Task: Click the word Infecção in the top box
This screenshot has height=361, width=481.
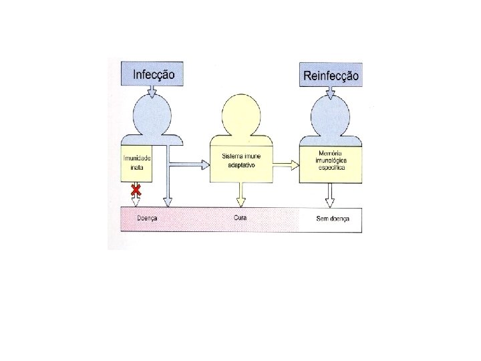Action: coord(154,74)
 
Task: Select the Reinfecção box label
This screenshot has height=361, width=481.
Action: coord(331,75)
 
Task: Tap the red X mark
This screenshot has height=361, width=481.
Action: coord(136,191)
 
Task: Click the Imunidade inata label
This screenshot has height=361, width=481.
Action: coord(137,162)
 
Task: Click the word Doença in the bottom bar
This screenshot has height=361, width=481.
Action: coord(146,219)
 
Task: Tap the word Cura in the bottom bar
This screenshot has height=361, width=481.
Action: coord(241,219)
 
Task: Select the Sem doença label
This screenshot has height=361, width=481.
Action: coord(333,219)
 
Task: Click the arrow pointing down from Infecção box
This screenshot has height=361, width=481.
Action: coord(154,94)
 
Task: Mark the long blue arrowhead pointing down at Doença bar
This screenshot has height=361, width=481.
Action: coord(168,201)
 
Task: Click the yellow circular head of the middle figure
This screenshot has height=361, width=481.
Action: coord(241,114)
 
